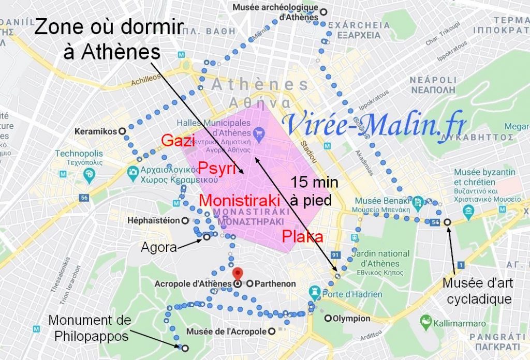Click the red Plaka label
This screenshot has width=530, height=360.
coord(303,237)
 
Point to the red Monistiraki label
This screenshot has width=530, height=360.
coord(240,200)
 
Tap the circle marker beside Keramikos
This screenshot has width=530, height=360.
coord(122,131)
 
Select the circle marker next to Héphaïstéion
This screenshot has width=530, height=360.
coord(185,221)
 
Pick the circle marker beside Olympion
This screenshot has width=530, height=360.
coord(328,318)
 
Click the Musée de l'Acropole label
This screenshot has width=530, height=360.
coord(228,331)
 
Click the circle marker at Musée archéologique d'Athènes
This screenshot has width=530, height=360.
coord(324,12)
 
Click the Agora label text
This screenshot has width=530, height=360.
coord(158,248)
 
